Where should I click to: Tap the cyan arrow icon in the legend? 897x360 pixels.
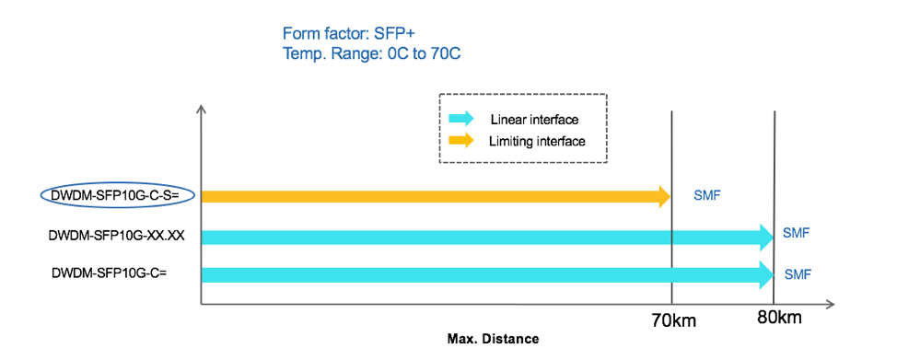pos(460,119)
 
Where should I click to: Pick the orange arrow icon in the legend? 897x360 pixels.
pos(460,141)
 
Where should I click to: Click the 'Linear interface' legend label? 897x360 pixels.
pos(534,120)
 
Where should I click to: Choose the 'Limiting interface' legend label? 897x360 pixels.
pos(538,141)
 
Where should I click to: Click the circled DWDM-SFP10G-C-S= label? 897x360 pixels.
pos(115,195)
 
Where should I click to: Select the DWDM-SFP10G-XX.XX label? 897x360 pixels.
pos(117,236)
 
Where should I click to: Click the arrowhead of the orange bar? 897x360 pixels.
pos(664,195)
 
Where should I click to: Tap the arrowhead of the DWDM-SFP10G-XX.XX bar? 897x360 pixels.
pos(766,237)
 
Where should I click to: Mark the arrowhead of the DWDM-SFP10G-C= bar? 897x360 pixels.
pos(766,273)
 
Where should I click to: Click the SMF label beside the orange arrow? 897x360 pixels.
pos(706,196)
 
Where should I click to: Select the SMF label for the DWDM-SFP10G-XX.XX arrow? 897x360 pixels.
pos(796,233)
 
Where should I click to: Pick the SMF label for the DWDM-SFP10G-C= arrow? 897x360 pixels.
pos(798,273)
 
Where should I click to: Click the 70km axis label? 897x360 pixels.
pos(674,320)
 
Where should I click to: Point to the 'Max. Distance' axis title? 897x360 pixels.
pos(493,339)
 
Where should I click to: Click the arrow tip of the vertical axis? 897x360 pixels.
pos(201,110)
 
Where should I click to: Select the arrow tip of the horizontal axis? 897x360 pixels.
pos(832,304)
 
